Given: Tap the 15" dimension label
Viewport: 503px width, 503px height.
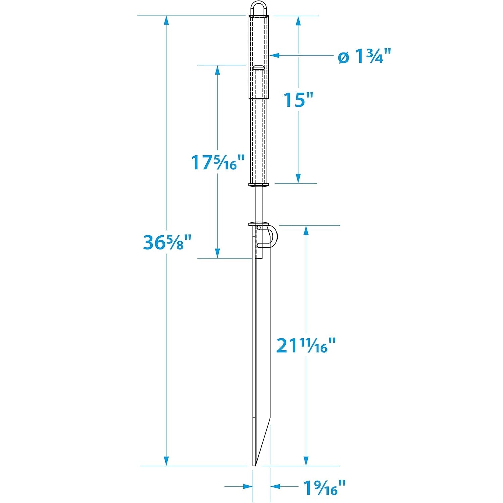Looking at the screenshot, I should coord(298,100).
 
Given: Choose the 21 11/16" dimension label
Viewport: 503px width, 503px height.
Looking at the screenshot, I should coord(306,345).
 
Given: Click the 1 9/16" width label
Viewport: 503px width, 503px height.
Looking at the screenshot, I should coord(324,488).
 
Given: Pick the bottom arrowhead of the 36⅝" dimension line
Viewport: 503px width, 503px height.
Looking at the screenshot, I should coord(166,461).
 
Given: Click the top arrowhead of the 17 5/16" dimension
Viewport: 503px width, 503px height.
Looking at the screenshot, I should coord(217,70).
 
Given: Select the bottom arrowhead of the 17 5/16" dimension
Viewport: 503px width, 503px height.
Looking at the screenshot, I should coord(217,253).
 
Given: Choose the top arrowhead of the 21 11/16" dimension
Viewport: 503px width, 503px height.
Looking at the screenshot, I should coord(306,231).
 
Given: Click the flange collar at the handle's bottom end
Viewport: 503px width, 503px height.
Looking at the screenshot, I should coord(259,184).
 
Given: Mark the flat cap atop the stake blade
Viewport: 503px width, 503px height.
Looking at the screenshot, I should coord(259,224).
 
